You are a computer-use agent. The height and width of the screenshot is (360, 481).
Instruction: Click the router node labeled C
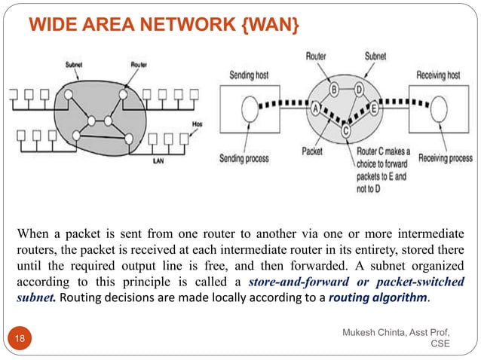(345, 130)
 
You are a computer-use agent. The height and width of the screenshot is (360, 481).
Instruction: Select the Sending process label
(244, 159)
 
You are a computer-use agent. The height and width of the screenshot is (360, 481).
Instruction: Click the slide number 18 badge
(20, 340)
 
